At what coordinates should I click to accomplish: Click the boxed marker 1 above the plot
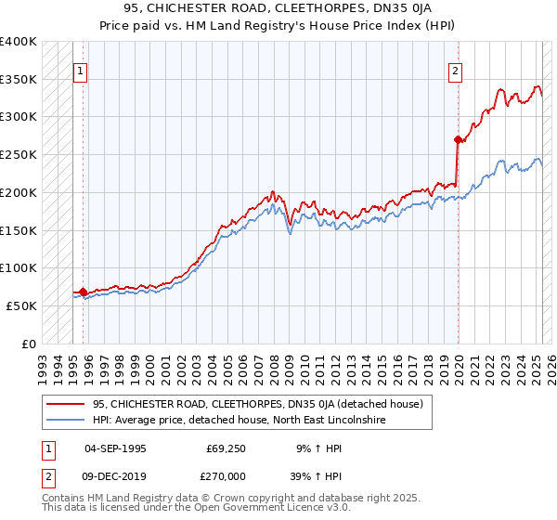80,70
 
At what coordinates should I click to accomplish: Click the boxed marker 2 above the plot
457,70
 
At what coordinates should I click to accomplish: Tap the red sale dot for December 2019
458,140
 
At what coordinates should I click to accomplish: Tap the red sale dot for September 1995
83,291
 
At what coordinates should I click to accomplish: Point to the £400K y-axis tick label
19,42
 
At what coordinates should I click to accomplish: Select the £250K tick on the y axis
19,154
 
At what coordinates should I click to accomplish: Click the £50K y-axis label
22,305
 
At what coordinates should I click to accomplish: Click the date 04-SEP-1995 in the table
116,448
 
